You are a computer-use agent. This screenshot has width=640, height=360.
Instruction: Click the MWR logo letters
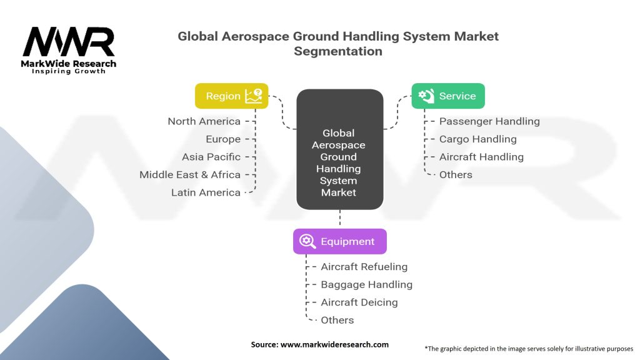click(x=69, y=42)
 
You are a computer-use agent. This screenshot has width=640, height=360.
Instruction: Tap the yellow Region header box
click(x=231, y=96)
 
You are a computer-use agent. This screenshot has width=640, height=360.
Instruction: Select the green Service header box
click(x=447, y=96)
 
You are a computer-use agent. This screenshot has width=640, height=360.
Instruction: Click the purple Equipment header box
click(x=339, y=241)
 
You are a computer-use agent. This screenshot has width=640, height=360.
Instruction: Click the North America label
click(x=204, y=121)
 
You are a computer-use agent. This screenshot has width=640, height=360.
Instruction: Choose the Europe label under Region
click(x=223, y=139)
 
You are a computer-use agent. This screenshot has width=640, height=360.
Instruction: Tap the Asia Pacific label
click(x=211, y=157)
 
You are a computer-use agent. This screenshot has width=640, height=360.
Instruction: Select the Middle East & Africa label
click(x=190, y=175)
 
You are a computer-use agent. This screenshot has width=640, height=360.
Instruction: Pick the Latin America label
click(x=206, y=192)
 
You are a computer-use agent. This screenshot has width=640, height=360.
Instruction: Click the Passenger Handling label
click(x=489, y=121)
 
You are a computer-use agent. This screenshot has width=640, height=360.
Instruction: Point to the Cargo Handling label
click(x=477, y=139)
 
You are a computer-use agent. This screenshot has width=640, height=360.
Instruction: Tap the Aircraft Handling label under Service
click(x=481, y=157)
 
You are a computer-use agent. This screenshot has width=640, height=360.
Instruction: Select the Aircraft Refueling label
click(x=364, y=266)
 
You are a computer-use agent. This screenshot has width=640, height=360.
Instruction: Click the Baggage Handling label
click(x=366, y=284)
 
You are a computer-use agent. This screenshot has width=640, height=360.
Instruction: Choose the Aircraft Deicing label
click(x=359, y=302)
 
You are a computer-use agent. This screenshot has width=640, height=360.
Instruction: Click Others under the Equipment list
click(x=337, y=320)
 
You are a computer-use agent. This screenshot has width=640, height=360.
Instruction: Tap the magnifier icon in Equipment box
click(x=307, y=241)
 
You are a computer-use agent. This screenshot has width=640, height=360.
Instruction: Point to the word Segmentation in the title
click(x=338, y=51)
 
